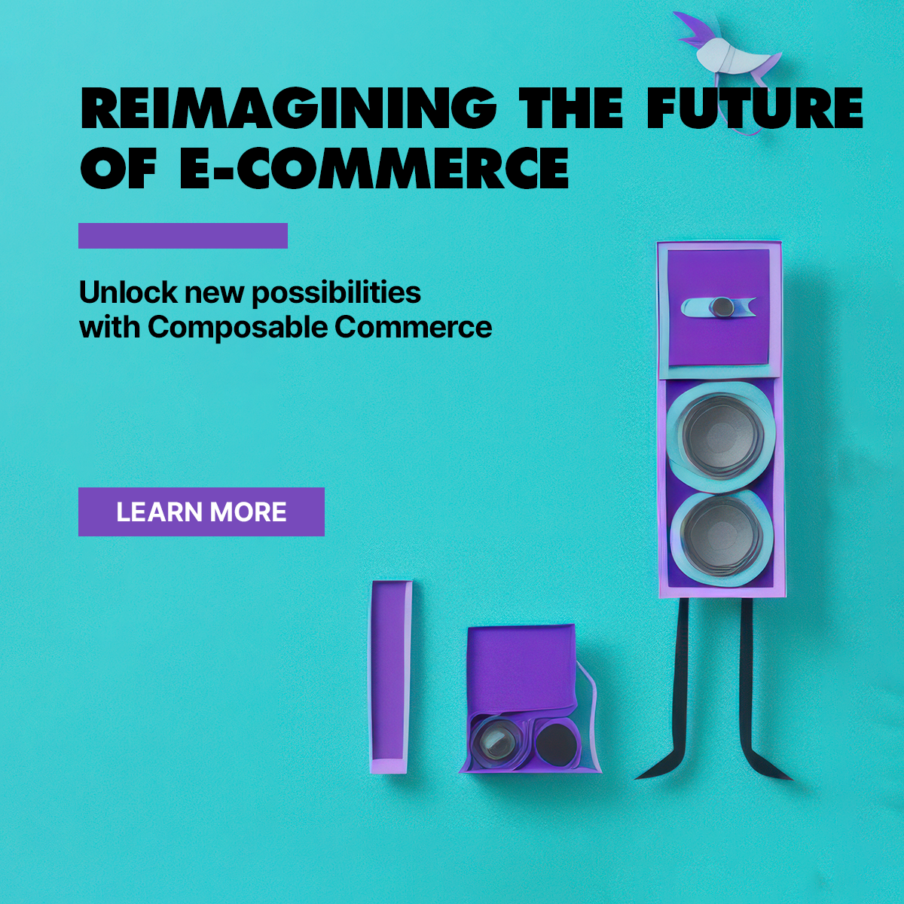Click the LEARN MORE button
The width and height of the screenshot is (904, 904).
(x=201, y=512)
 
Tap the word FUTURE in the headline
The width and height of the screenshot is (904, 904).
(x=754, y=107)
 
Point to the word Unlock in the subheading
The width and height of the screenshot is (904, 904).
(x=128, y=292)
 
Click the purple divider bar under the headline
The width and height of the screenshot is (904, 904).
(x=183, y=236)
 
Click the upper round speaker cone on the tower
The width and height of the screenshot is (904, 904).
(x=719, y=435)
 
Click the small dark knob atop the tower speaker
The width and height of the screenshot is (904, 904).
(x=723, y=307)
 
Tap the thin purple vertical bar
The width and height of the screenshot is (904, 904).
(x=389, y=676)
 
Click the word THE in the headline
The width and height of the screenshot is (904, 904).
(x=570, y=107)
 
